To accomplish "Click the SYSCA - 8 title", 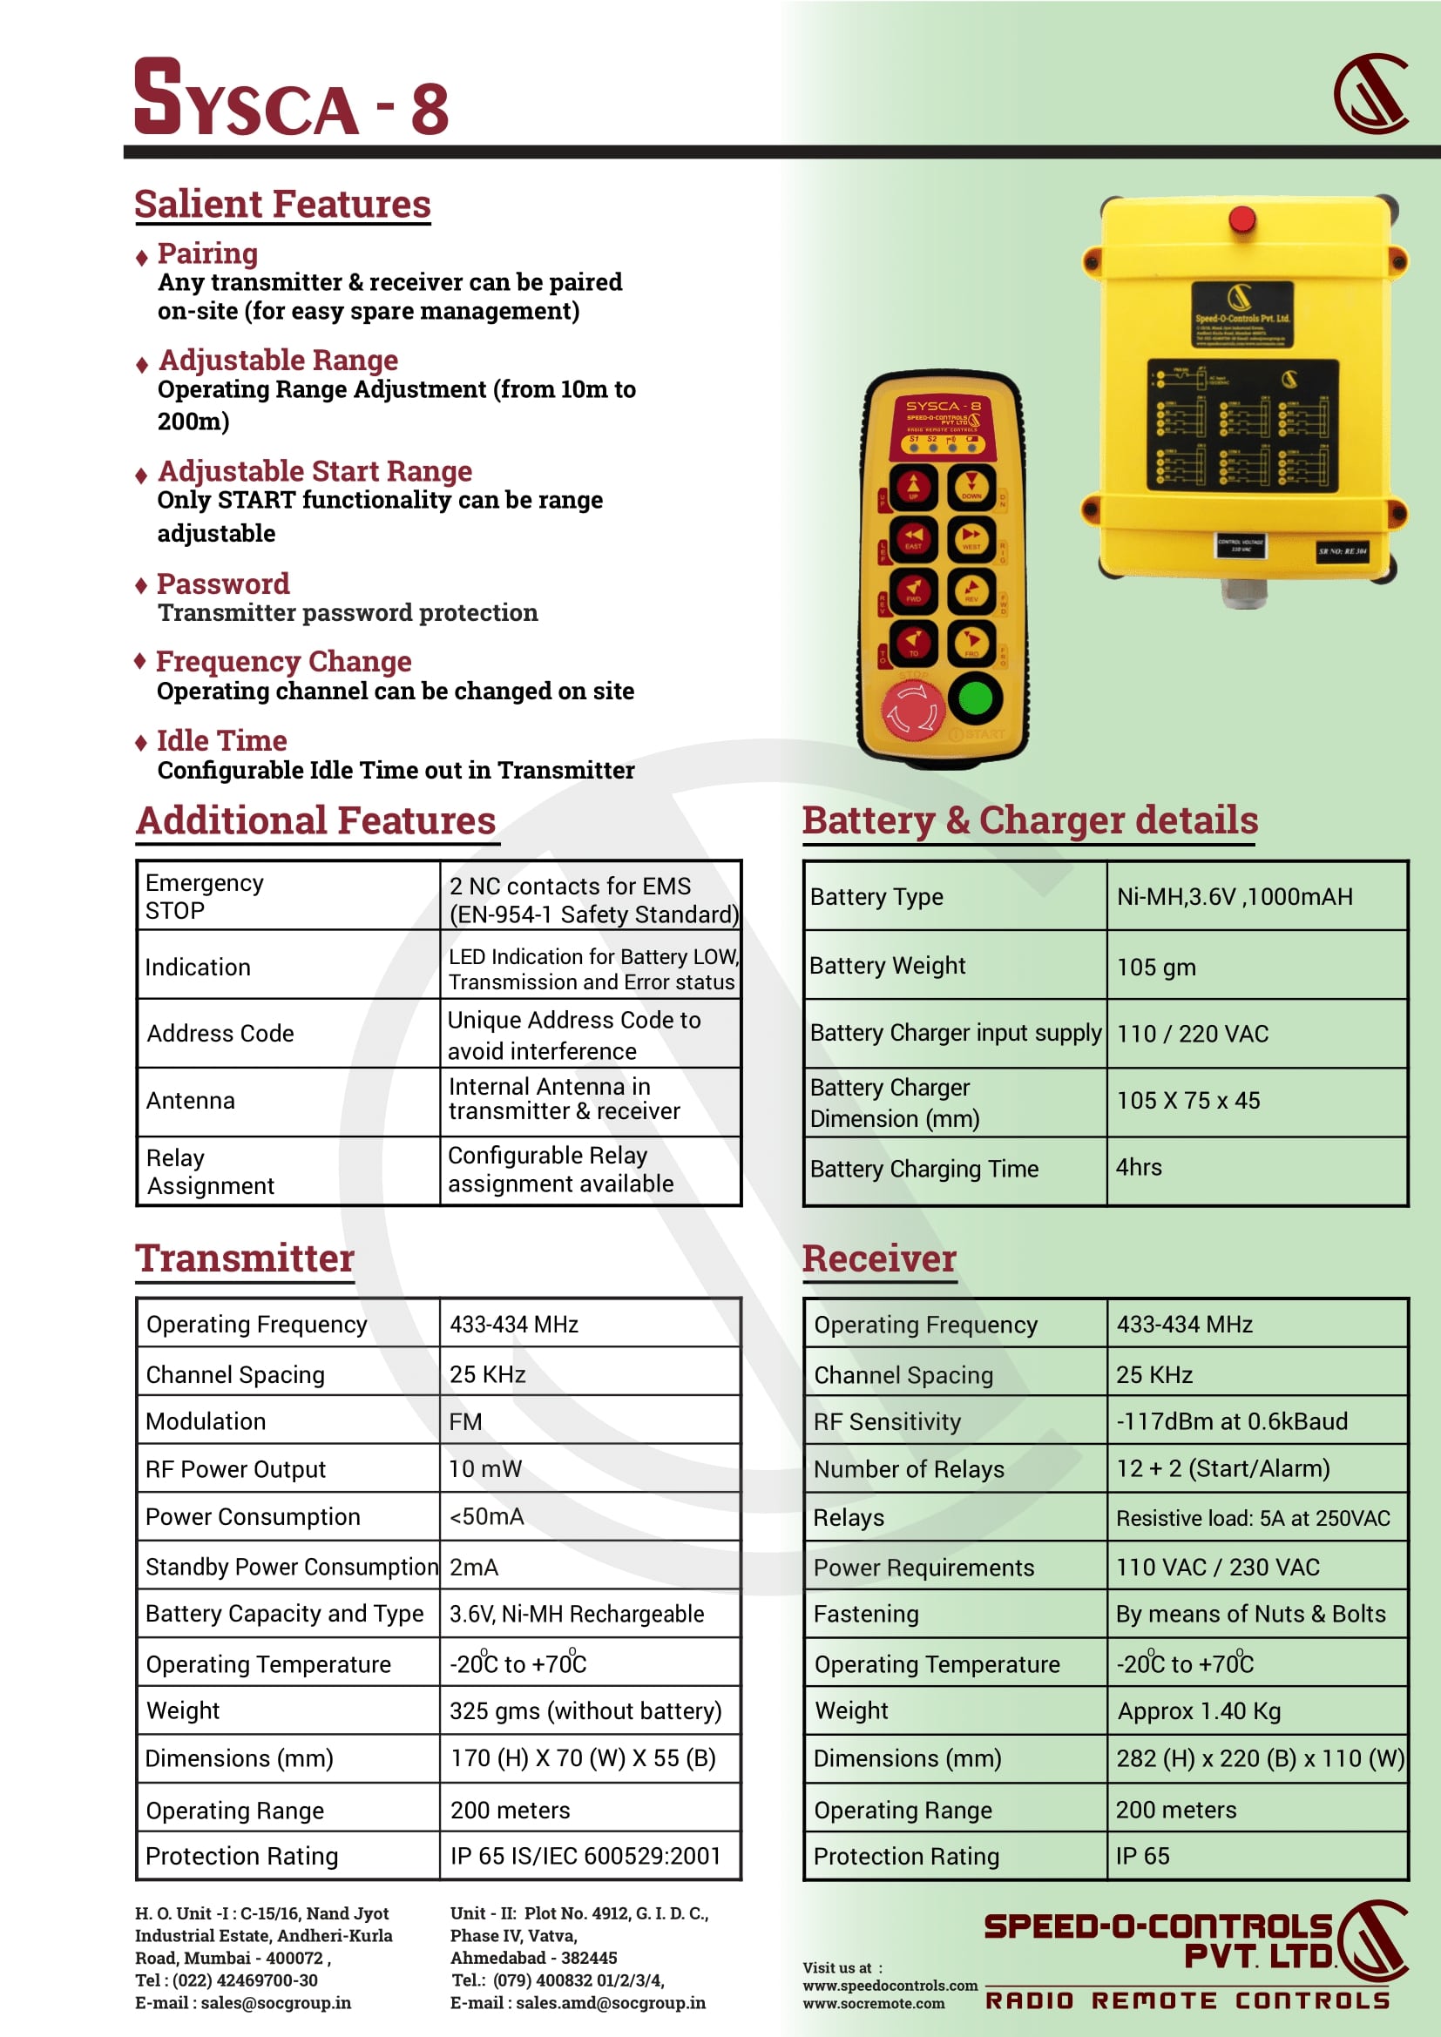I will [291, 99].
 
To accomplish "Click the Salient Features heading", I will [282, 204].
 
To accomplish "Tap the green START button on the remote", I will [975, 698].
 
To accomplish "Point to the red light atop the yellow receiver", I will [1241, 219].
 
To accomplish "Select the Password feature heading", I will [223, 583].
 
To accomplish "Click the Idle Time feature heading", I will [221, 741].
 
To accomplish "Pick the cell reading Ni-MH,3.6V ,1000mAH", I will [1235, 897].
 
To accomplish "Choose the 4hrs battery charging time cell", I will [1139, 1168].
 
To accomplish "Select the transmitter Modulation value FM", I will [465, 1421].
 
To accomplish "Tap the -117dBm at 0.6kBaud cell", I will [1232, 1421].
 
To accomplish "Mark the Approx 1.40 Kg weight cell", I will [1199, 1710].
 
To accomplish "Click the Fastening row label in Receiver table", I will [866, 1614].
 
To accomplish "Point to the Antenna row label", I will [191, 1101].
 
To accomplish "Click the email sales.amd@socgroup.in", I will [611, 2002].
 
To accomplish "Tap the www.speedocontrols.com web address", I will [890, 1986].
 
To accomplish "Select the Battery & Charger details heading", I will [1029, 820].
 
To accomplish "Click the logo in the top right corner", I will [1372, 94].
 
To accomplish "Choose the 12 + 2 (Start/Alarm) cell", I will [1222, 1469].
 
